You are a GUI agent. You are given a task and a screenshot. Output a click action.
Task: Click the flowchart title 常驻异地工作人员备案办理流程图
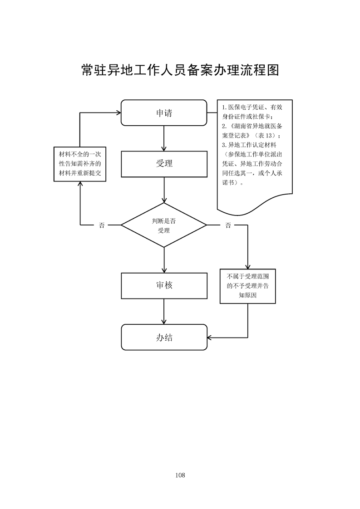click(x=180, y=70)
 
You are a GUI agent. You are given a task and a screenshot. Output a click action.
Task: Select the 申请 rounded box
click(x=164, y=113)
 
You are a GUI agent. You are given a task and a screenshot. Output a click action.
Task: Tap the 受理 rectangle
click(x=164, y=163)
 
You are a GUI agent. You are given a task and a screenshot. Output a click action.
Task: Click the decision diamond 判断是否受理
click(x=164, y=225)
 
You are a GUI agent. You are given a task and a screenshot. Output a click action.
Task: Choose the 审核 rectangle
click(x=164, y=285)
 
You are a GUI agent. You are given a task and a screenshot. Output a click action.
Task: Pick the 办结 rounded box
click(x=164, y=337)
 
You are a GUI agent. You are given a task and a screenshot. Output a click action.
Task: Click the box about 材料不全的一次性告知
click(x=80, y=164)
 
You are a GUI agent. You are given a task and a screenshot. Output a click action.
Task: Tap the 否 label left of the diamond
click(x=101, y=225)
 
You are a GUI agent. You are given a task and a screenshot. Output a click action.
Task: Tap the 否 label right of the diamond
click(x=228, y=225)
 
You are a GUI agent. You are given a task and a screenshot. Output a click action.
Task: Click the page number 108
click(x=180, y=475)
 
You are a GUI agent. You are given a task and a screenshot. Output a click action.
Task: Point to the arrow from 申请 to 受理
click(x=164, y=138)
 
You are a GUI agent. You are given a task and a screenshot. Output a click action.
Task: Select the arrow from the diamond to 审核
click(x=164, y=259)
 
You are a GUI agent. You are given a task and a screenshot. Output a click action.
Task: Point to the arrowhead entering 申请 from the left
click(x=118, y=113)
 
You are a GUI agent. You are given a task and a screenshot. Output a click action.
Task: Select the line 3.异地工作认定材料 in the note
click(x=249, y=145)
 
